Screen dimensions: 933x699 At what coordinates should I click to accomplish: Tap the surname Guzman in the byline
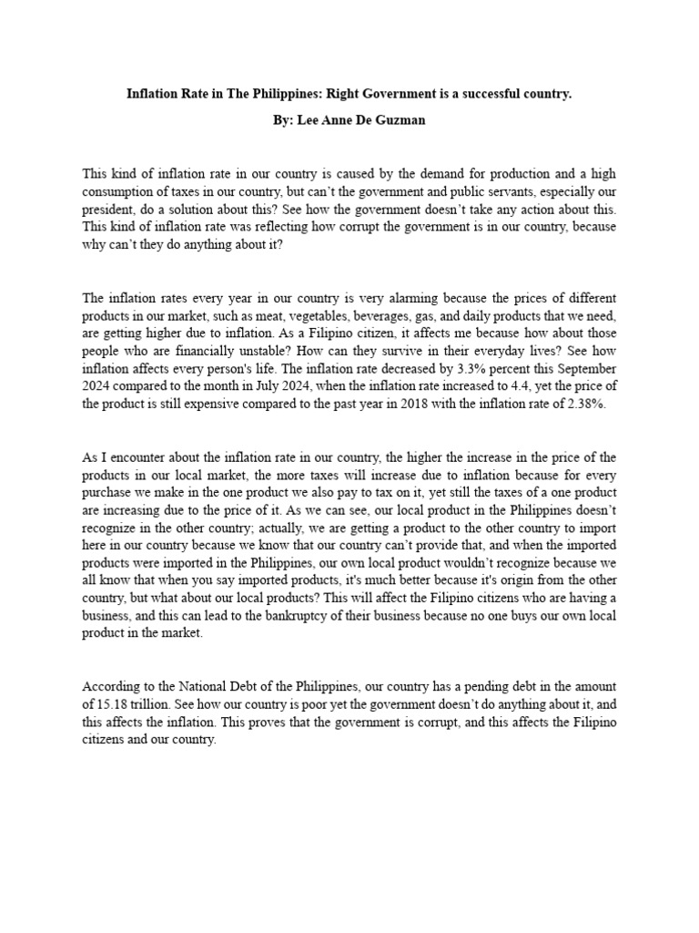(402, 121)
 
